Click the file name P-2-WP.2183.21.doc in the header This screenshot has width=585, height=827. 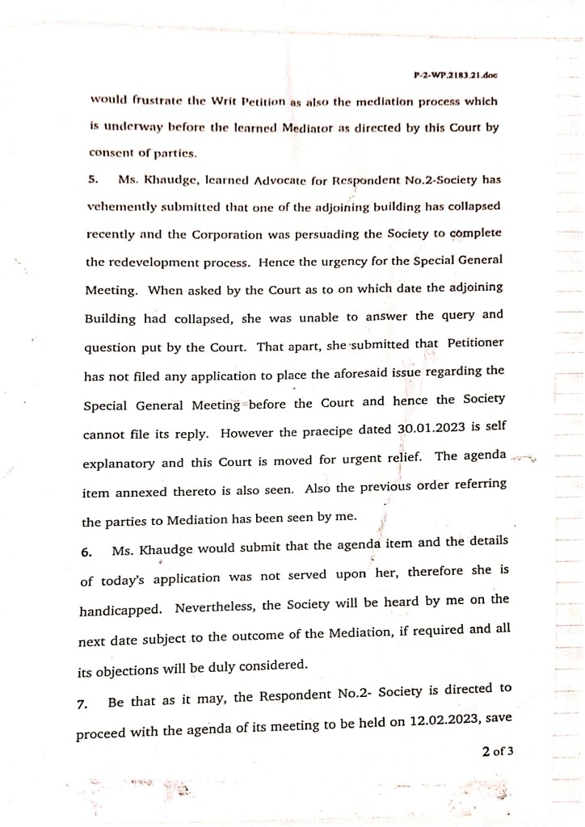click(x=455, y=75)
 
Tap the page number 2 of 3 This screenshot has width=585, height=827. click(x=498, y=753)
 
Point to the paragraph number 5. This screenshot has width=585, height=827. click(x=93, y=179)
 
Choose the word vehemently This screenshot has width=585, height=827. click(x=120, y=206)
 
